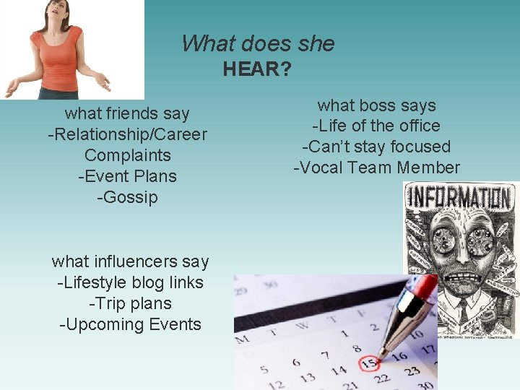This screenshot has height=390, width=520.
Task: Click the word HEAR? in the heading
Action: point(257,69)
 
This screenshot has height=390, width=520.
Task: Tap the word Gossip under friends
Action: point(127,197)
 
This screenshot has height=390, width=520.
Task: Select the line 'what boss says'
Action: point(376,105)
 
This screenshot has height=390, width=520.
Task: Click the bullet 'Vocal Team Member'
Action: point(376,168)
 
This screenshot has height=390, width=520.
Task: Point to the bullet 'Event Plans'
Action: point(127,176)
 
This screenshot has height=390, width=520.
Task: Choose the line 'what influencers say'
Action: point(130,261)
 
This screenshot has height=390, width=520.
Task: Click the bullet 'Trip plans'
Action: point(130,303)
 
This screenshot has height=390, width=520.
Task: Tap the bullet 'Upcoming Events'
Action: point(130,324)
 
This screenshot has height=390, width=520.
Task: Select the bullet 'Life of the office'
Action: point(376,126)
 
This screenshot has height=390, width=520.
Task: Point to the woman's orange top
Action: point(58,58)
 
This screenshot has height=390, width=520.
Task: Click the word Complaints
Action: point(127,155)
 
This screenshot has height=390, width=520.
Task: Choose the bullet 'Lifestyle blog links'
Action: point(130,282)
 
